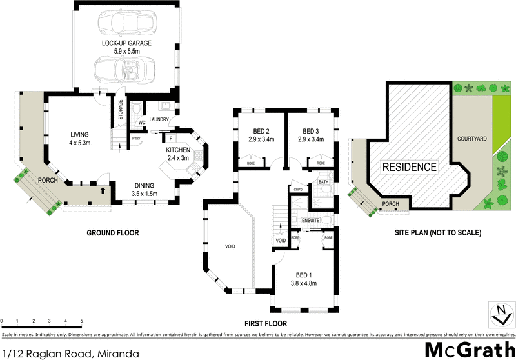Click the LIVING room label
(x=79, y=135)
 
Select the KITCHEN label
(x=178, y=150)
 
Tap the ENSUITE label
(x=311, y=221)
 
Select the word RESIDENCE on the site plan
(x=410, y=167)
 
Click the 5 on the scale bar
(x=81, y=321)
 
